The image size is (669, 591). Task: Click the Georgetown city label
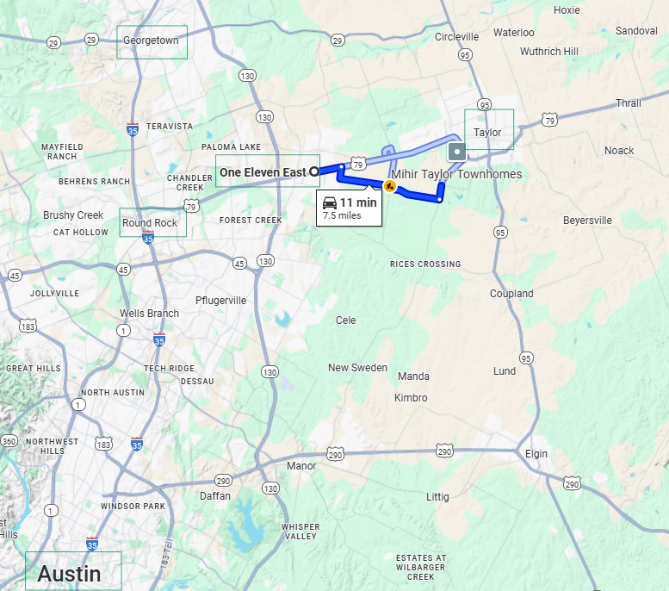[x=151, y=40]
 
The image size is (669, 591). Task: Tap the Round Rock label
[x=150, y=223]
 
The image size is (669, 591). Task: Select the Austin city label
[x=69, y=573]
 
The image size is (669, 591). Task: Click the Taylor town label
[x=487, y=133]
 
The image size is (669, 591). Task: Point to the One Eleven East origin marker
[x=314, y=171]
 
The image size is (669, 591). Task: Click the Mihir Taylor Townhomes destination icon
[x=457, y=152]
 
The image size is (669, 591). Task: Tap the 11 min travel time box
[x=350, y=208]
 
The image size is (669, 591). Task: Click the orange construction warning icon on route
[x=389, y=185]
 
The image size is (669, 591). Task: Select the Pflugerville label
[x=220, y=301]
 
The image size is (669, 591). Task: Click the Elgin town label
[x=536, y=454]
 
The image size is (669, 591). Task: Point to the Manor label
[x=301, y=466]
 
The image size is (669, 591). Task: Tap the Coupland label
[x=511, y=294]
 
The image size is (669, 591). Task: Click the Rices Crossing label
[x=424, y=264]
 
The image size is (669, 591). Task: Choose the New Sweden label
[x=357, y=368]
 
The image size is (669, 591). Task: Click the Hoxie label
[x=567, y=10]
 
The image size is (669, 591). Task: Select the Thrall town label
[x=628, y=103]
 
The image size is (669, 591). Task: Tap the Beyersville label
[x=587, y=221]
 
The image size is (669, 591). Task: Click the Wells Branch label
[x=149, y=314]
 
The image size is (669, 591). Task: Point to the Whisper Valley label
[x=300, y=532]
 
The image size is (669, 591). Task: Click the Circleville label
[x=456, y=37]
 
